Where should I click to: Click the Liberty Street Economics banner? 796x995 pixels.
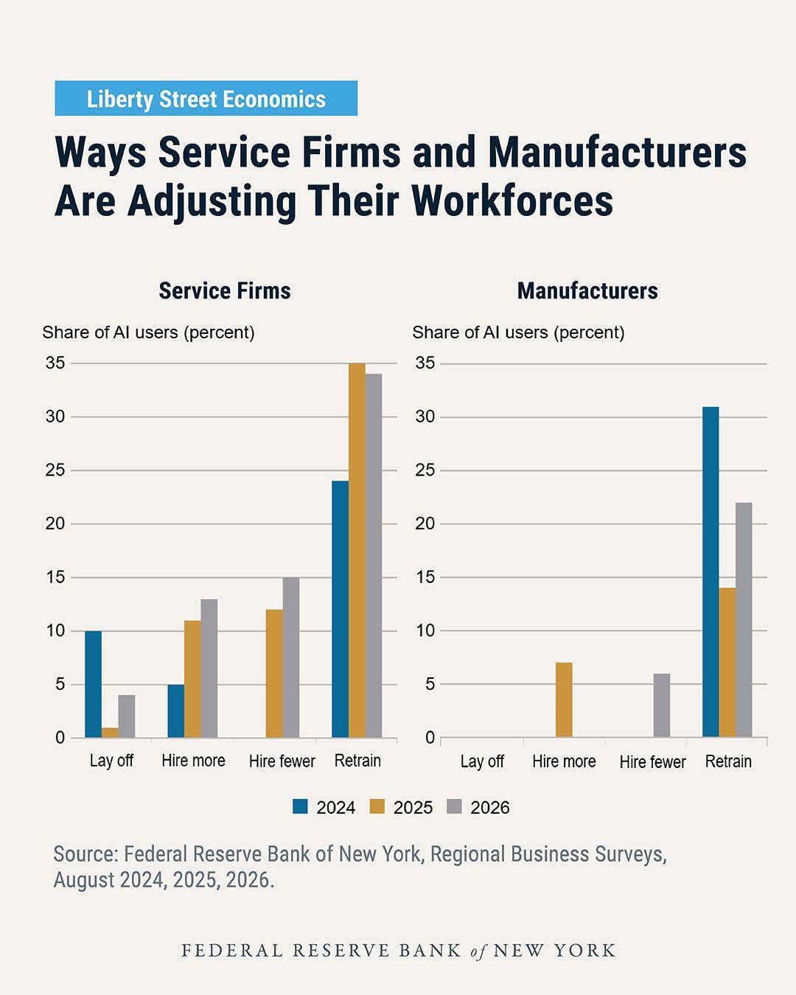206,98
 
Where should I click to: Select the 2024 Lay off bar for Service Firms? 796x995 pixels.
93,684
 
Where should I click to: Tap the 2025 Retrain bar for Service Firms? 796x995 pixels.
357,551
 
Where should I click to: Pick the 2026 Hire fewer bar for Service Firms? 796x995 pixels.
291,657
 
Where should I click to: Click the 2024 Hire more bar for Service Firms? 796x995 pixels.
175,711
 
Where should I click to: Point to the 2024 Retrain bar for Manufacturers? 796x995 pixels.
711,572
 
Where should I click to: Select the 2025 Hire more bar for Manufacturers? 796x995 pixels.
564,700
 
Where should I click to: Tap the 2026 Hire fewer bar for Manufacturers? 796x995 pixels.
661,705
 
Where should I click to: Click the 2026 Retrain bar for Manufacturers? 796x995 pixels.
744,620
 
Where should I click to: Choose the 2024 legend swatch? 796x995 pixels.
300,807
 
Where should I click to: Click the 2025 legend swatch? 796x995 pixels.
377,807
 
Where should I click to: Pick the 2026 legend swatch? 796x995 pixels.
455,807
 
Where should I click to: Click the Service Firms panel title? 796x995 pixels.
225,291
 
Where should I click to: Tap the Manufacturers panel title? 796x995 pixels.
587,291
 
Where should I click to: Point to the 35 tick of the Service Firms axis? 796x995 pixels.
55,363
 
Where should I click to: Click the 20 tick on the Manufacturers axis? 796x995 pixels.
425,524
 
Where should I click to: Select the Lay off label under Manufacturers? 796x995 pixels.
482,761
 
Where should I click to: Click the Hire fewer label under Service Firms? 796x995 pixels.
282,761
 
